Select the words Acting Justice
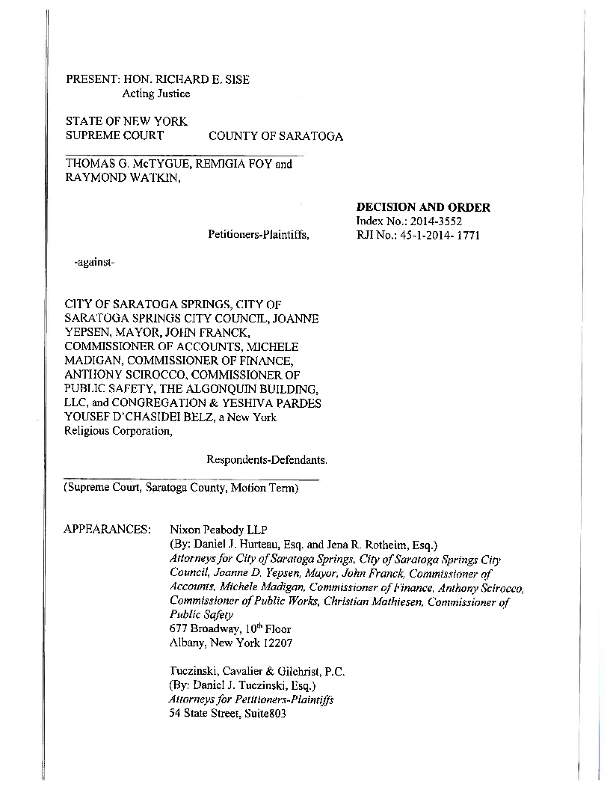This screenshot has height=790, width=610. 155,94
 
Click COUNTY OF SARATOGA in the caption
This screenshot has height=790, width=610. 276,136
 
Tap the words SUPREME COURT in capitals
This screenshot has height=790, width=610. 115,136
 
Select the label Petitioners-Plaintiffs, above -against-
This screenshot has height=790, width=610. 259,236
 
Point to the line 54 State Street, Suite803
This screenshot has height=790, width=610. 228,714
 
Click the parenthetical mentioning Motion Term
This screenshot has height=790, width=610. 182,488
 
